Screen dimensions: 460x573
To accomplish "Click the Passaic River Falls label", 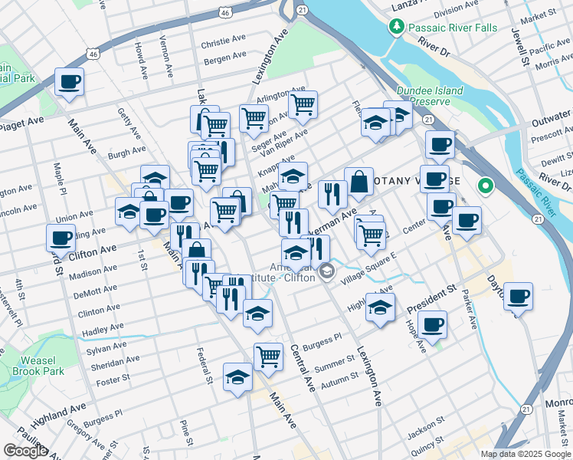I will tap(453, 28).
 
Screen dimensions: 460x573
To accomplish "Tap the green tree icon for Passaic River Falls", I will tap(396, 28).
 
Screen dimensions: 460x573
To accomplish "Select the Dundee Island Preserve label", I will tap(436, 96).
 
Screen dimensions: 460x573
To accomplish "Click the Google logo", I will tap(25, 451).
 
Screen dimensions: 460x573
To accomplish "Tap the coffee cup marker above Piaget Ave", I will tap(69, 81).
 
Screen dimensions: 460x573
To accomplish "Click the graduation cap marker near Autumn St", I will tap(237, 377).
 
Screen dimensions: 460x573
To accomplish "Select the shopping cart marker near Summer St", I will tap(268, 356).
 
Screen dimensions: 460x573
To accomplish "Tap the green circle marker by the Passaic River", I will tap(485, 186).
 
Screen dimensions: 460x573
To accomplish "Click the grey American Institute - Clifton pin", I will tap(327, 270).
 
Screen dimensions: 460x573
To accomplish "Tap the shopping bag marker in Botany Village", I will tap(359, 182).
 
